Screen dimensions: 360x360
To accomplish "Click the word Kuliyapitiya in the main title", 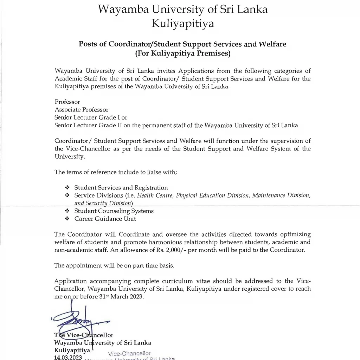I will click(182, 24).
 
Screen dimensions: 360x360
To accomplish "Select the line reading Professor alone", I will click(67, 102).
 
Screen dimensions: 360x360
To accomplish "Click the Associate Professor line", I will click(82, 110).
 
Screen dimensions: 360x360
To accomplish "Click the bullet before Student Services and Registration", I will click(67, 188).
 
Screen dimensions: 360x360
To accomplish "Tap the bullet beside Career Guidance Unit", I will click(67, 219).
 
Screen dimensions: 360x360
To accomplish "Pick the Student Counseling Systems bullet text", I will click(114, 211).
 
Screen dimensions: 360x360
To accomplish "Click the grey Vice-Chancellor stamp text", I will click(129, 353).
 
